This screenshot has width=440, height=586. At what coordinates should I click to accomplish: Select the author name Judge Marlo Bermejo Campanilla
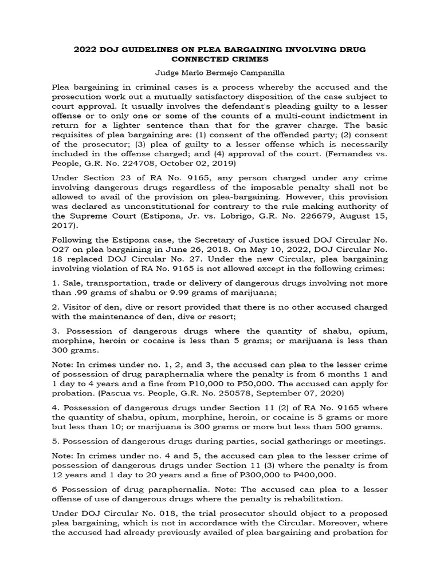pyautogui.click(x=220, y=73)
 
